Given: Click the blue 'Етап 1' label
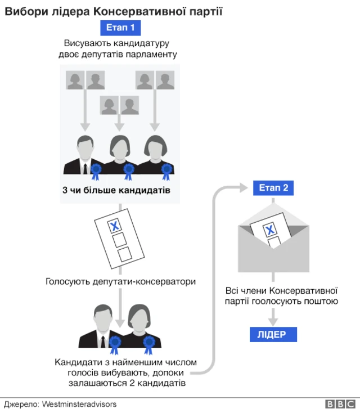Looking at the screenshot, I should coord(120,28).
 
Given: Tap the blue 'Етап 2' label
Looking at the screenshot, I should coord(273,188).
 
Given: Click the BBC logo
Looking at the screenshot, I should coord(340,404).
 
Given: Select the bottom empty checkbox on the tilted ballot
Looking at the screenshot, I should coord(123,253).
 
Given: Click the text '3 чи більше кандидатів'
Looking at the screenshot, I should coord(116,190).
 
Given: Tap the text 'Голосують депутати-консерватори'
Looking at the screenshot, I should coord(120,281).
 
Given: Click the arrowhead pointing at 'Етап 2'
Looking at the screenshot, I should coord(243,188).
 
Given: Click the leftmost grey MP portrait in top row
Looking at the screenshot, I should coord(75,80).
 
